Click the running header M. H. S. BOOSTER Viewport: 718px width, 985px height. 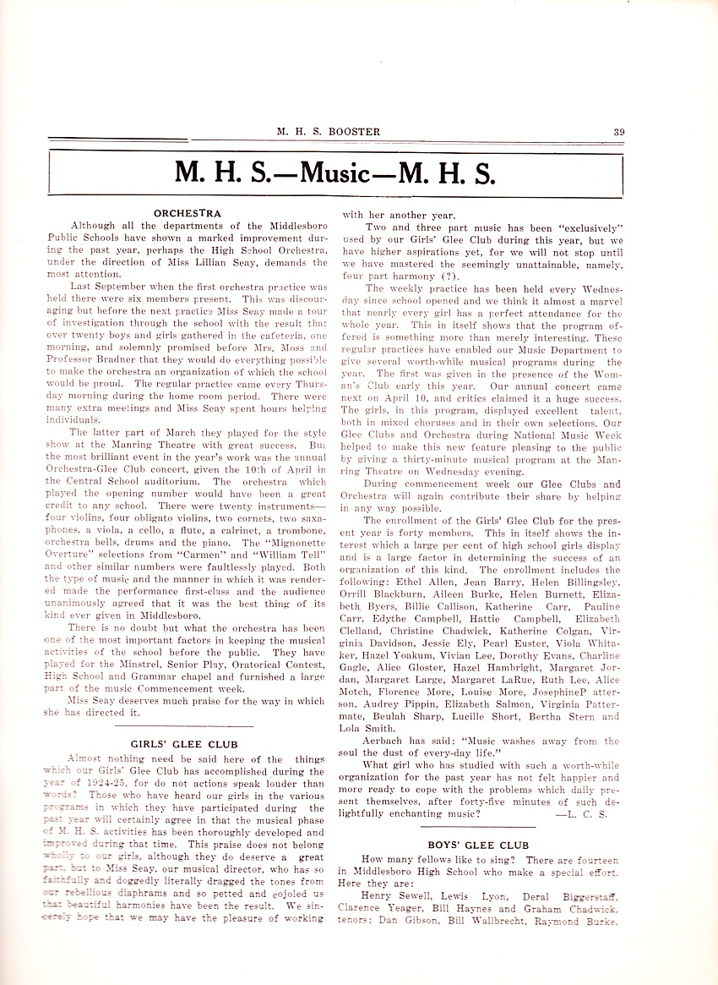(x=328, y=131)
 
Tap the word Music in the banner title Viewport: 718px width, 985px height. (x=335, y=172)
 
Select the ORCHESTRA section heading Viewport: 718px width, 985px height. (x=187, y=213)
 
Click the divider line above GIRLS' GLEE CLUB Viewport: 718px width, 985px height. (x=183, y=727)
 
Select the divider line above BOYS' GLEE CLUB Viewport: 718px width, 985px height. (x=478, y=826)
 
